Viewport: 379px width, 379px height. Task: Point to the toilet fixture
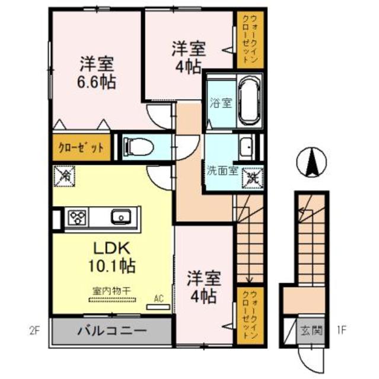coord(137,145)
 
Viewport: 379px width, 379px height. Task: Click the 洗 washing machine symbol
coord(252,175)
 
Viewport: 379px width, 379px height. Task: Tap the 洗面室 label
coord(222,171)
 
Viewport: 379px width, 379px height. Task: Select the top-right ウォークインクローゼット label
coord(246,39)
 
